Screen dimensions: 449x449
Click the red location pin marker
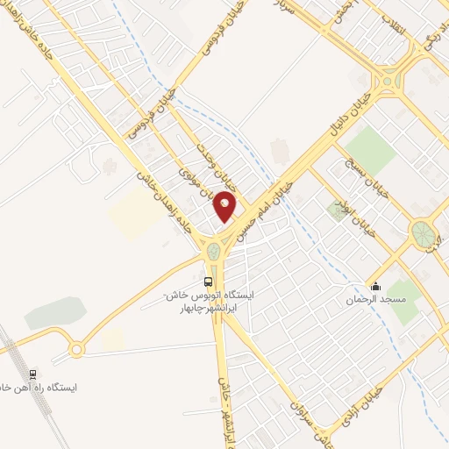(x=226, y=207)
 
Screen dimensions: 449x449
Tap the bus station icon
(x=209, y=282)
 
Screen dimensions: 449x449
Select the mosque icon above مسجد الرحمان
(x=376, y=286)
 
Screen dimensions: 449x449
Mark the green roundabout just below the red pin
(x=213, y=253)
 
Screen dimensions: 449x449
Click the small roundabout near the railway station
(x=76, y=350)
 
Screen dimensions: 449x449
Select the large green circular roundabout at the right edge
(x=423, y=233)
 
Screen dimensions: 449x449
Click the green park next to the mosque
(x=403, y=300)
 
